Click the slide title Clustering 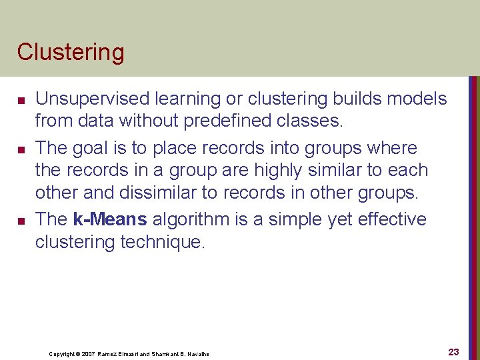click(x=71, y=52)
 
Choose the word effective click(x=389, y=219)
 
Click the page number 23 click(x=453, y=352)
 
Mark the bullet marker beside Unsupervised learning click(x=22, y=101)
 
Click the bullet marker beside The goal click(x=22, y=149)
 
